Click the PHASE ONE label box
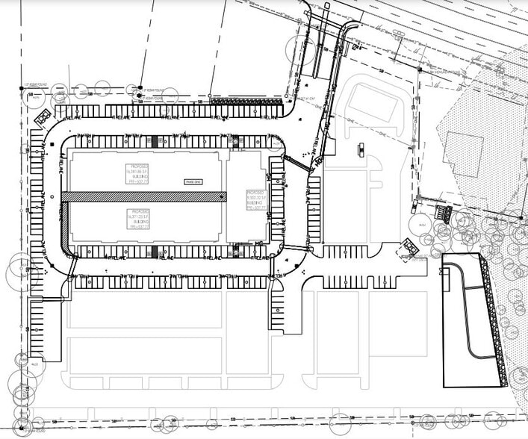192,181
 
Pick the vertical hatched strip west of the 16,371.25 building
65,223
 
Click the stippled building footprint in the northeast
463,153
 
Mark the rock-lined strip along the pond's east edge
493,321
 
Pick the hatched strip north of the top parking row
246,101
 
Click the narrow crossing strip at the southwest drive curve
72,266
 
